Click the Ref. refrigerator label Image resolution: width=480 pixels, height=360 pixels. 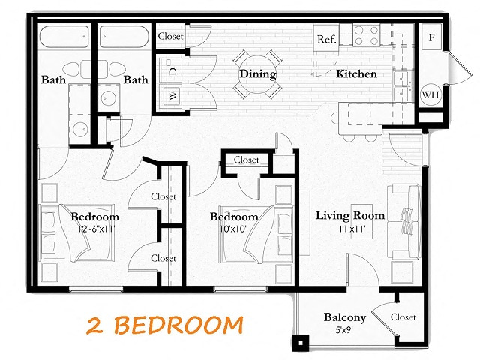(x=327, y=39)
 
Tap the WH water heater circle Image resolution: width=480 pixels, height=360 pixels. (x=430, y=94)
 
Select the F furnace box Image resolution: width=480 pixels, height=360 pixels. (x=431, y=37)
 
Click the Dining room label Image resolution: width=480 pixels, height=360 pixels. (x=258, y=73)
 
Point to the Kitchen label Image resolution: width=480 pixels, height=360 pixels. (x=356, y=73)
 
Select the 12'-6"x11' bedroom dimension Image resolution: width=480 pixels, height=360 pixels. (x=96, y=229)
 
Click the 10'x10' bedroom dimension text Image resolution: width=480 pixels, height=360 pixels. (x=233, y=229)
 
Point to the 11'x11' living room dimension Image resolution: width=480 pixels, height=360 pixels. (x=352, y=228)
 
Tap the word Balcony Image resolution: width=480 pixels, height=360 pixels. (x=345, y=317)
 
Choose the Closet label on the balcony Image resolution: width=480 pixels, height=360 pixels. (x=403, y=316)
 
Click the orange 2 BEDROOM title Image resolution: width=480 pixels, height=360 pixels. (x=165, y=325)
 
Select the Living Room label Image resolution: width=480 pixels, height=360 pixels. (x=350, y=215)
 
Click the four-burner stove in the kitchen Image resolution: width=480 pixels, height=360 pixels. (x=367, y=35)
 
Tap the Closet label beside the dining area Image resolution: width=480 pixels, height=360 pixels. (x=170, y=36)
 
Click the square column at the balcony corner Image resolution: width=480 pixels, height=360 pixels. (x=301, y=343)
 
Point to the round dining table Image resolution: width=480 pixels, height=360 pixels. (x=258, y=74)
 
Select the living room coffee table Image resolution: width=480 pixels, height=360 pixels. (x=361, y=221)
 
